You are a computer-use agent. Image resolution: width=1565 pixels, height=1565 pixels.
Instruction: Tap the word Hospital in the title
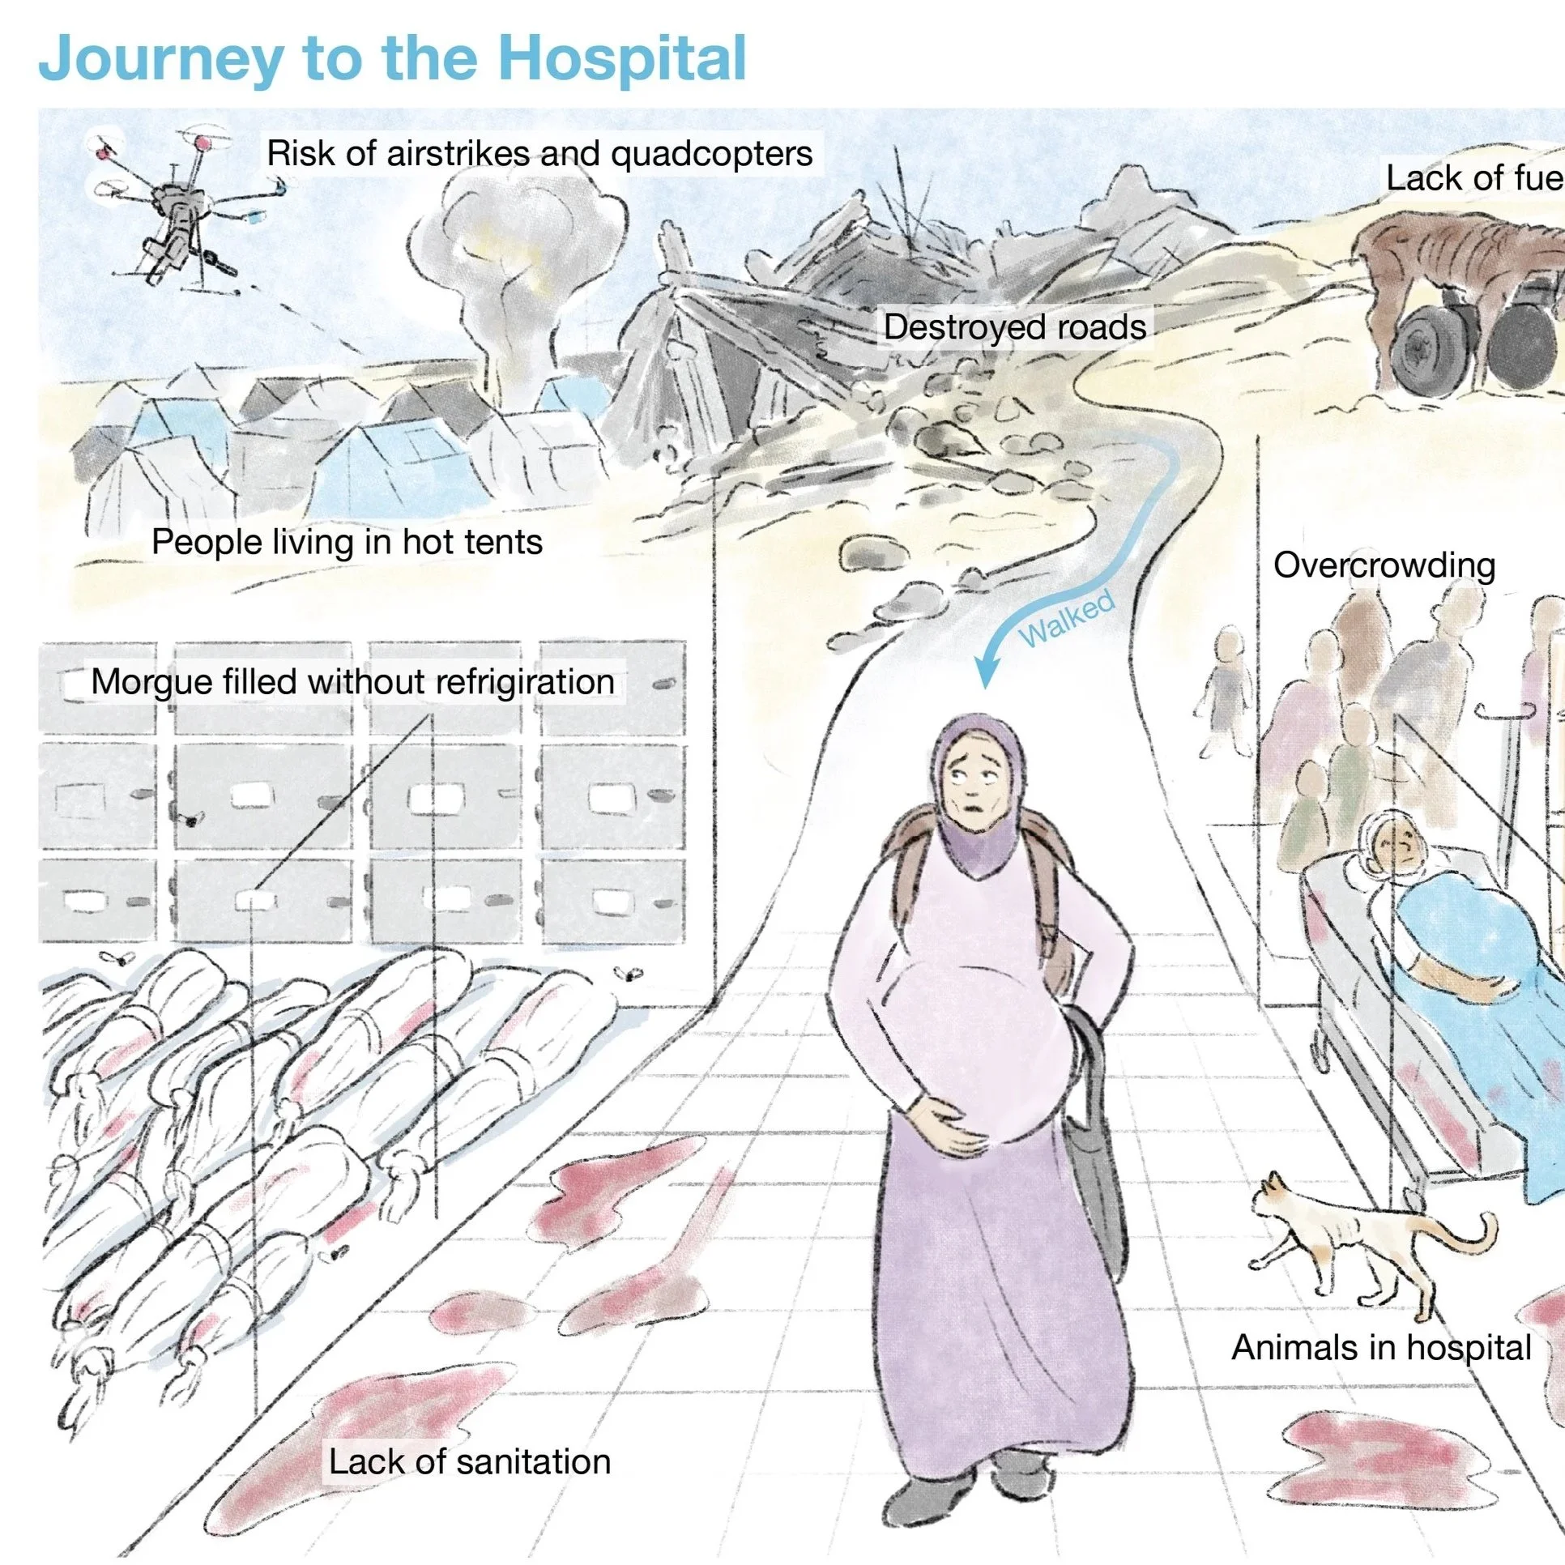[x=621, y=58]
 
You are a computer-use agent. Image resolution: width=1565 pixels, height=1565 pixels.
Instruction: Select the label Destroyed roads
[x=1014, y=327]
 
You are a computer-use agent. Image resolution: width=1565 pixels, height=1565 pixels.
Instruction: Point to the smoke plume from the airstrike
[x=518, y=243]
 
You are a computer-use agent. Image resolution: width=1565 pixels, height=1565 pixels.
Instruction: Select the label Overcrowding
[x=1384, y=565]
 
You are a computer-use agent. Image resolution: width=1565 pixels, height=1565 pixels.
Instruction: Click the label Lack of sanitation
[x=469, y=1461]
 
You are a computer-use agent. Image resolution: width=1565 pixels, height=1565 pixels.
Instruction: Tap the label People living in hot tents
[x=347, y=542]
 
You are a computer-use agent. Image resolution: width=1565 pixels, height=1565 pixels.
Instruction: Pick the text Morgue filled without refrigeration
[x=352, y=682]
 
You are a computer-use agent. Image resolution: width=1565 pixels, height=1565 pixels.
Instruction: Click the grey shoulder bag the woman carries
[x=1090, y=1134]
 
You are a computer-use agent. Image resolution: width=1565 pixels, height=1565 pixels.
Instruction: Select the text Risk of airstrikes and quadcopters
[x=539, y=153]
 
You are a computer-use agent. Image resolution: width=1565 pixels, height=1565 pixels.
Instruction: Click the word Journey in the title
[x=160, y=58]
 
